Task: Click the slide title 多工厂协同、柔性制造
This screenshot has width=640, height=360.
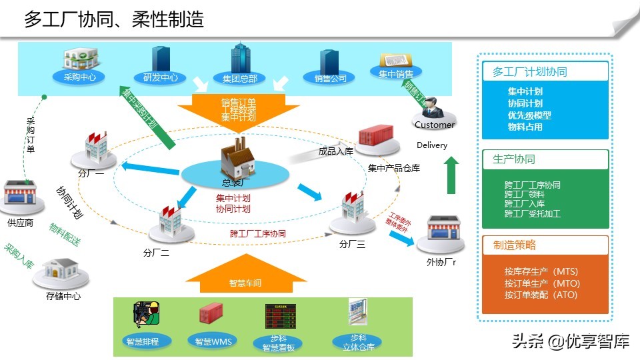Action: (114, 19)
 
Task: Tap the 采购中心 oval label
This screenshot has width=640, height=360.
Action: (79, 77)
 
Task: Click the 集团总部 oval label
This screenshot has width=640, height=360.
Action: (239, 78)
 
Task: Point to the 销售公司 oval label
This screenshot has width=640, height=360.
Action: (330, 78)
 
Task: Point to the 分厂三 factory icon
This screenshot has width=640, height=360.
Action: (351, 209)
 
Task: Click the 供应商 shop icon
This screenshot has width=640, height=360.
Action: (20, 197)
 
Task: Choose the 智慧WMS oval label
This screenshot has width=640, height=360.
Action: (213, 341)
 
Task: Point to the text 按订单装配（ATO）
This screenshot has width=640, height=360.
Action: (541, 294)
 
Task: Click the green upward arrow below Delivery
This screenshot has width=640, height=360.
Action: (452, 176)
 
